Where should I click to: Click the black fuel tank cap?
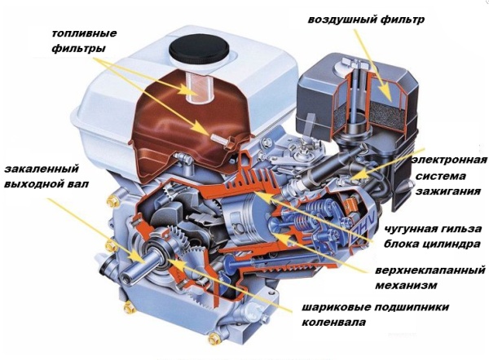pyautogui.click(x=199, y=49)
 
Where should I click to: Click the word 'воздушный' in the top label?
pyautogui.click(x=341, y=20)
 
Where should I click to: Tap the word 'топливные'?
pyautogui.click(x=84, y=33)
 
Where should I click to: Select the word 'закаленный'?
pyautogui.click(x=42, y=169)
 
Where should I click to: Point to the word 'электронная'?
pyautogui.click(x=449, y=160)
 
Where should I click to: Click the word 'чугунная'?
pyautogui.click(x=412, y=230)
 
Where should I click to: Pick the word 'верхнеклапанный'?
pyautogui.click(x=430, y=270)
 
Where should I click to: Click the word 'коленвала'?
pyautogui.click(x=333, y=322)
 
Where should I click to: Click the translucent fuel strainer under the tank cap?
pyautogui.click(x=200, y=87)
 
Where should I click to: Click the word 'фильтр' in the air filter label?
pyautogui.click(x=403, y=20)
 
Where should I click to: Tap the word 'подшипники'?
pyautogui.click(x=412, y=307)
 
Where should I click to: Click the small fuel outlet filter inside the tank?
pyautogui.click(x=224, y=140)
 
